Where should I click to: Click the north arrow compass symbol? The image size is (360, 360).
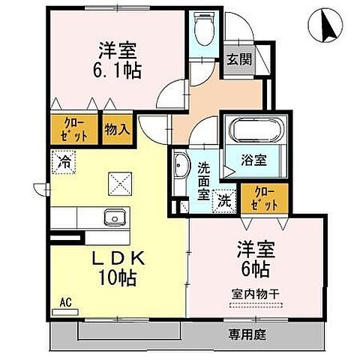(325, 26)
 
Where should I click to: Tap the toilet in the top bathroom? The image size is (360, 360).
(202, 31)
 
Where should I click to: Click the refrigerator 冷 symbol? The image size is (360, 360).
(64, 159)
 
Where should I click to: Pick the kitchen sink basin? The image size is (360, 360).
(113, 218)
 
